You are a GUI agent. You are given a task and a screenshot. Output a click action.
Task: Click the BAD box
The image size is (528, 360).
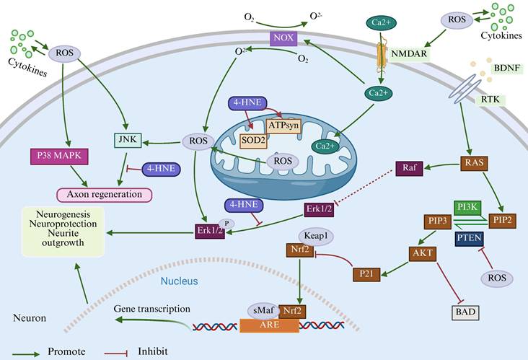click(465, 312)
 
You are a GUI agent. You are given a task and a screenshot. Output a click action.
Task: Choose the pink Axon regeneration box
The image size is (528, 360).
click(105, 193)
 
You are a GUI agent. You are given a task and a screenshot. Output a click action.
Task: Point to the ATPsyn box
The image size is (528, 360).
click(283, 125)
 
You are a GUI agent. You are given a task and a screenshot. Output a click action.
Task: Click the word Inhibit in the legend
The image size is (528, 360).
click(153, 352)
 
